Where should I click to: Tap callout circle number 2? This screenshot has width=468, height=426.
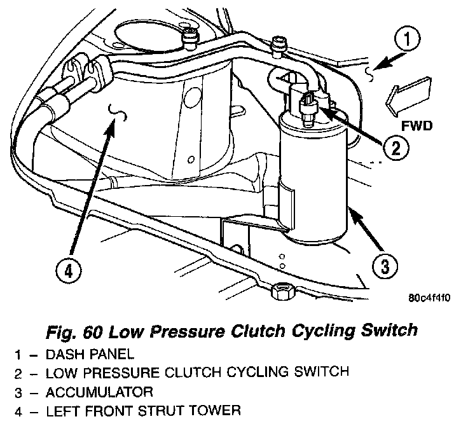point(396,149)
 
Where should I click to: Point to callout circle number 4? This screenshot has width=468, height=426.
point(69,270)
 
